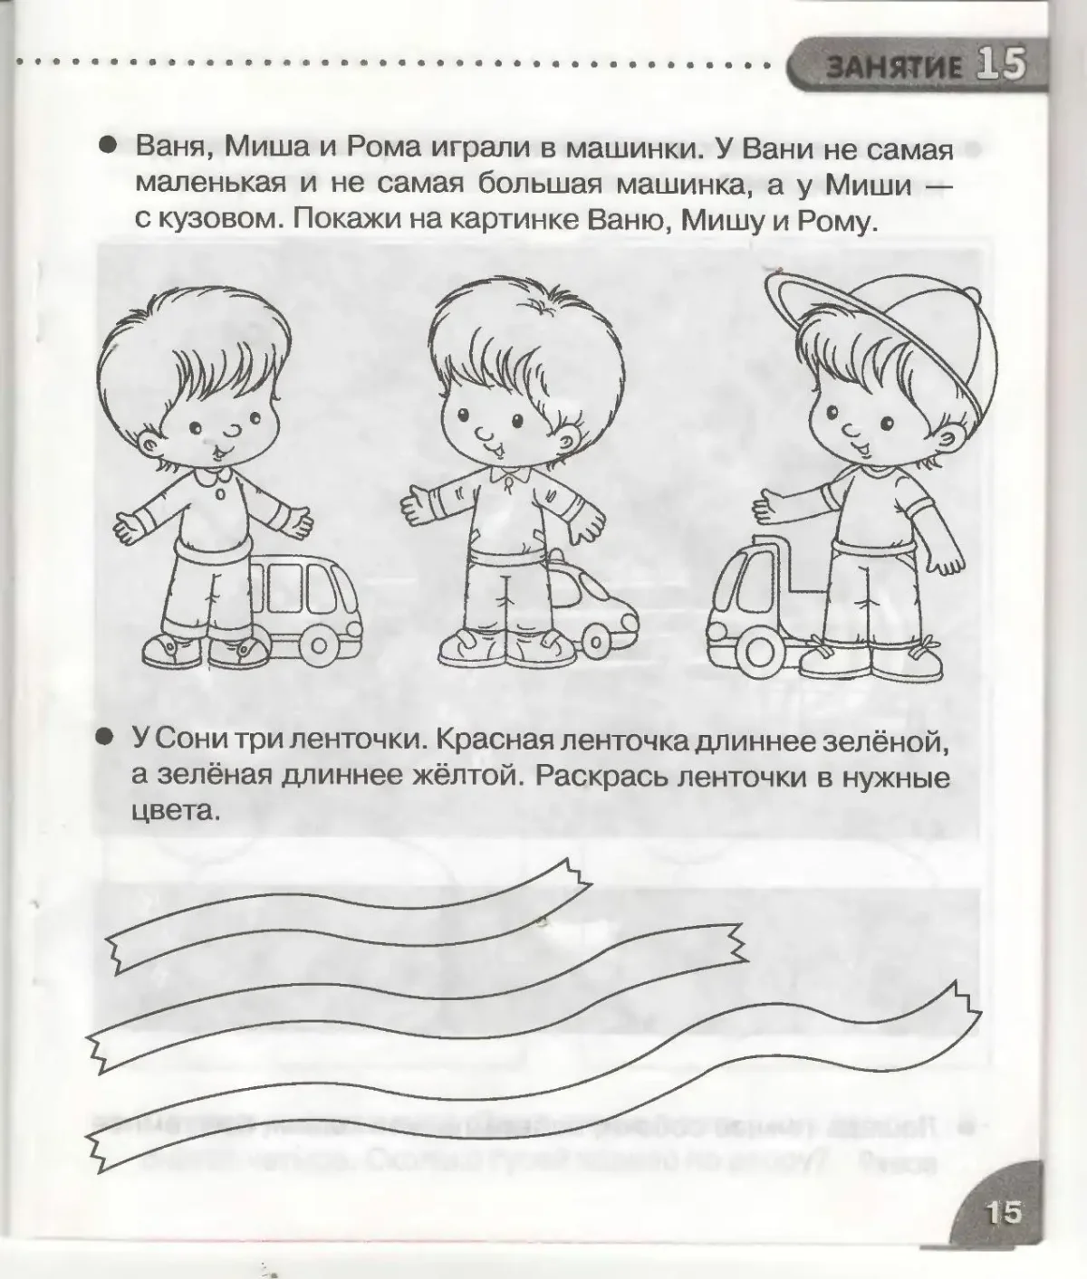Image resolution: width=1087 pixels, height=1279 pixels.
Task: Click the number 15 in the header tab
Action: (1001, 65)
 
